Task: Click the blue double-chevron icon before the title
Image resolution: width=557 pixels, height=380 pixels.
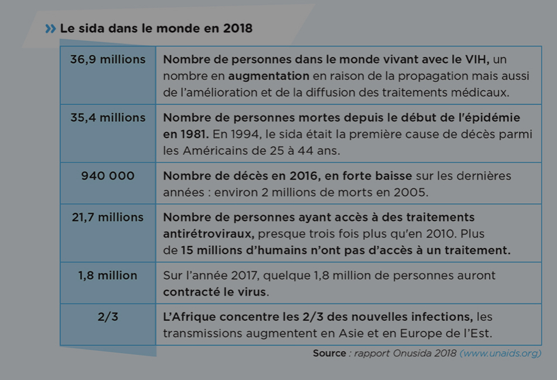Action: coord(50,28)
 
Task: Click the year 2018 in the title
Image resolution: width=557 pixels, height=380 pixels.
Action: coord(238,28)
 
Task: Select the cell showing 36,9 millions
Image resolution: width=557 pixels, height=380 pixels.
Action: coord(108,60)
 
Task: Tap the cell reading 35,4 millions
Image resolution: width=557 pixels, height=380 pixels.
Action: coord(108,118)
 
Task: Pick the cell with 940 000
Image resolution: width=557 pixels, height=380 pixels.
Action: coord(108,176)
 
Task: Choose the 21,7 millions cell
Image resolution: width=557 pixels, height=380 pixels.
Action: coord(108,218)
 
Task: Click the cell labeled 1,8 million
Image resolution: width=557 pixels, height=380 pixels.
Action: coord(108,276)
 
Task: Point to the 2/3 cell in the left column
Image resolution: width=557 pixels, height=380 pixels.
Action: coord(108,317)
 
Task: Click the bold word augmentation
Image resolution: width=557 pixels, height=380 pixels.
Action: coord(268,76)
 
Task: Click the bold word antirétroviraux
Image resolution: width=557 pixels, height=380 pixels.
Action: coord(209,233)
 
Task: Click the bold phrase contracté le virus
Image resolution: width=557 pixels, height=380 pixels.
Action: coord(215,291)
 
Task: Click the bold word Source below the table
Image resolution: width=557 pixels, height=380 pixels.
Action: coord(330,353)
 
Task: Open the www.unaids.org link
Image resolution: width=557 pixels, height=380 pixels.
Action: coord(500,353)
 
